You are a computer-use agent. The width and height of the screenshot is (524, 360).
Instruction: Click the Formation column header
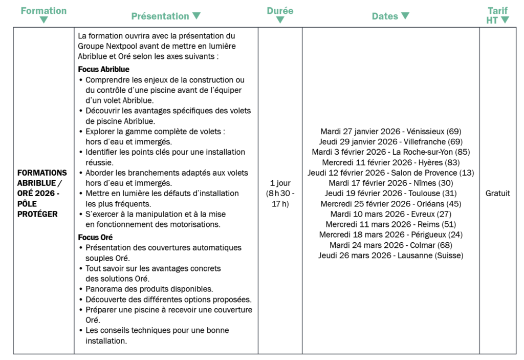point(43,11)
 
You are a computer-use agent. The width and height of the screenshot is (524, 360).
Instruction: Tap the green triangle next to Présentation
point(196,16)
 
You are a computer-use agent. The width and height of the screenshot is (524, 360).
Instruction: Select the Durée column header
point(280,11)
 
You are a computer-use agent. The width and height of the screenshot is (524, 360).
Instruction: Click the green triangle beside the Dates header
point(405,16)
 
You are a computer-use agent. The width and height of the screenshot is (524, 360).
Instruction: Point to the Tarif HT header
point(497,15)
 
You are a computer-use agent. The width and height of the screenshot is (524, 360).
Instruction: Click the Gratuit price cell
point(497,194)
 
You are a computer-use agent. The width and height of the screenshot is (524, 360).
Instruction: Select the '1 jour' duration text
point(280,183)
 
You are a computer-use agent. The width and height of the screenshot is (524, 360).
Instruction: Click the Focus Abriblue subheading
point(103,69)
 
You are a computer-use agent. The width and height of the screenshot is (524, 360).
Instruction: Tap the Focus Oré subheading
point(95,237)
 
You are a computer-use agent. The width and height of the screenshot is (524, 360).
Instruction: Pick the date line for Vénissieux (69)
point(391,131)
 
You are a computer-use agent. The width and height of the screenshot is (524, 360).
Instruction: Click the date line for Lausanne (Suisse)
point(390,255)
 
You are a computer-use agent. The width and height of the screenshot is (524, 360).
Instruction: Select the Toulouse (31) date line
point(390,193)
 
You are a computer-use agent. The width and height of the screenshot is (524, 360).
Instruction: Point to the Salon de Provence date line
point(390,173)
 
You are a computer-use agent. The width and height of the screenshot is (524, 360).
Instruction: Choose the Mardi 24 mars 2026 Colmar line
point(390,245)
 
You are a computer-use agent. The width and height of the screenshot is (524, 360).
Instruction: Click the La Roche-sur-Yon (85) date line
point(390,152)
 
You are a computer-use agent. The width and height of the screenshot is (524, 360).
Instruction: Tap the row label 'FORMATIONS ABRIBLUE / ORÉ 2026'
point(42,193)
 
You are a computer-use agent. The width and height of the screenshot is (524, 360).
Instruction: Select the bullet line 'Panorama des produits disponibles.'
point(149,289)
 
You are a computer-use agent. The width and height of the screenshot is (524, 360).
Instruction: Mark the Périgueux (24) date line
point(390,235)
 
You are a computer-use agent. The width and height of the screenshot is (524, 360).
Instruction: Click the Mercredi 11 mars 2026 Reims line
point(390,224)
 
